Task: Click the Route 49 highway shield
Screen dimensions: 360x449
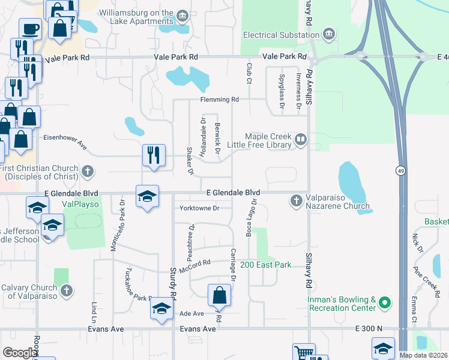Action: (x=399, y=171)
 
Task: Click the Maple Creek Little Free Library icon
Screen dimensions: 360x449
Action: (x=300, y=140)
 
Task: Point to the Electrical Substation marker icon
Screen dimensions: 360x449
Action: (x=328, y=34)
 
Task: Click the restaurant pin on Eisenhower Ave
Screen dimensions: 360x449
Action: (x=154, y=155)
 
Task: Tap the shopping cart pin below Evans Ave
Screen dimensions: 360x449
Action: (x=304, y=352)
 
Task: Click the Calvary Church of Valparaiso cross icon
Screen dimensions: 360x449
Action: (x=67, y=290)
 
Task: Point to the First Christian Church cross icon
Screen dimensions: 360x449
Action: (x=88, y=172)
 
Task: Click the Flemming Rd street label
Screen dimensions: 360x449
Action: (x=220, y=99)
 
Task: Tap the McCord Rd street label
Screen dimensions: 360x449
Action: (x=198, y=262)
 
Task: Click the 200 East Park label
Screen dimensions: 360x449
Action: (x=265, y=265)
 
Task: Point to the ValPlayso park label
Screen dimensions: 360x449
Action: (x=80, y=204)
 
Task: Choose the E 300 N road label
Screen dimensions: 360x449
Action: (x=369, y=329)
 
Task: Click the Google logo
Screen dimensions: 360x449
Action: (x=19, y=353)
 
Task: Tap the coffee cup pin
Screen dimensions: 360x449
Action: (x=30, y=28)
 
